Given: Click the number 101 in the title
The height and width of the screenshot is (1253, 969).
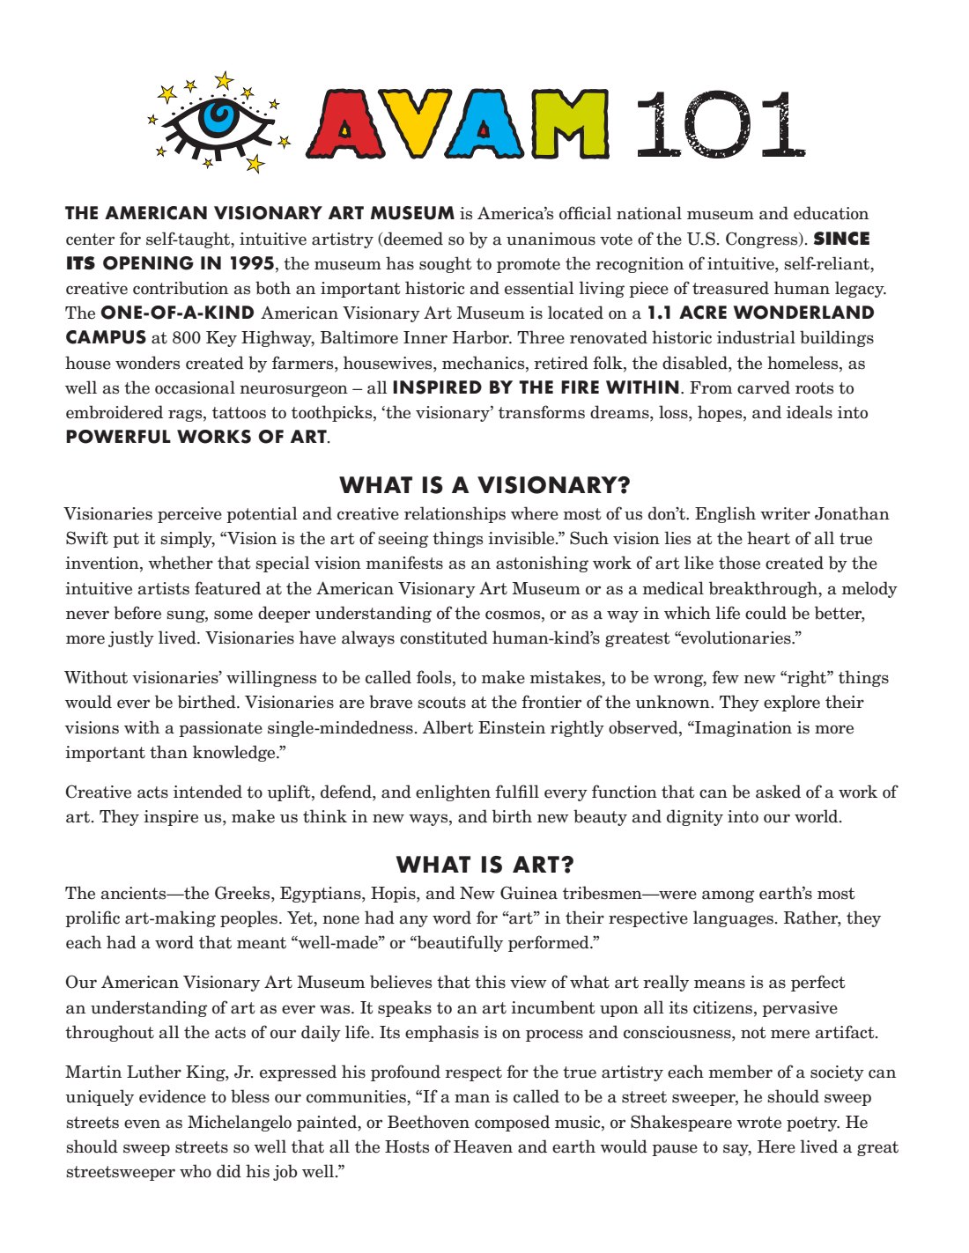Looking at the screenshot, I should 718,124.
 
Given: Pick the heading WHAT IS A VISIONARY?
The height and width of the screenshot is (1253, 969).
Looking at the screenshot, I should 484,485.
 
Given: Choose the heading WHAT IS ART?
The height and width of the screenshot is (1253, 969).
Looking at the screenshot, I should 484,865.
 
